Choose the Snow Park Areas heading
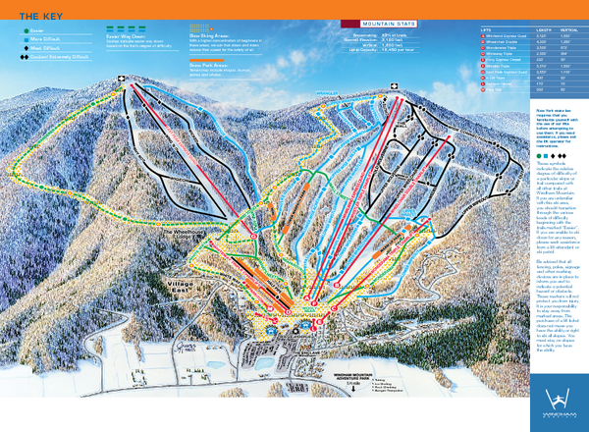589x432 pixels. pos(209,63)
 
